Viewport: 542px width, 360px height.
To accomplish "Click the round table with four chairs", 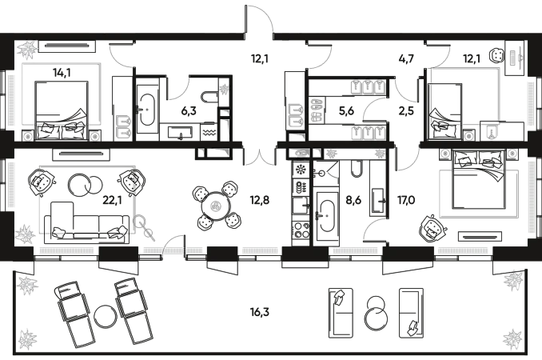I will coord(216,206).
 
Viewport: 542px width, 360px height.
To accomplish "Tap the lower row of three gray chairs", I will coord(369,131).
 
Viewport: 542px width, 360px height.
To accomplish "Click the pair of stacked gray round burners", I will coord(317,110).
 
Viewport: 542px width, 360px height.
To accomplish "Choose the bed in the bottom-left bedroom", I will coord(86,202).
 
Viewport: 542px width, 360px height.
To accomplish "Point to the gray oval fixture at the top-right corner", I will coord(516,58).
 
